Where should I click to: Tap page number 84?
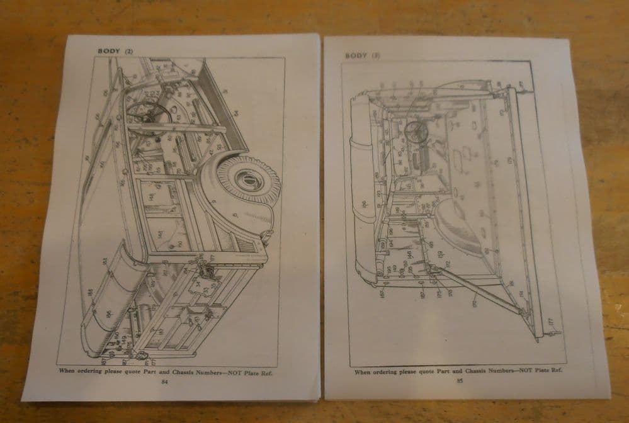(165, 381)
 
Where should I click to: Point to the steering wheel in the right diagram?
(416, 131)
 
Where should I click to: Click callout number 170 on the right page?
(473, 303)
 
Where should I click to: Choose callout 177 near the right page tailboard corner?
(550, 322)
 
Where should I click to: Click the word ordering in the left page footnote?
(93, 372)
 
